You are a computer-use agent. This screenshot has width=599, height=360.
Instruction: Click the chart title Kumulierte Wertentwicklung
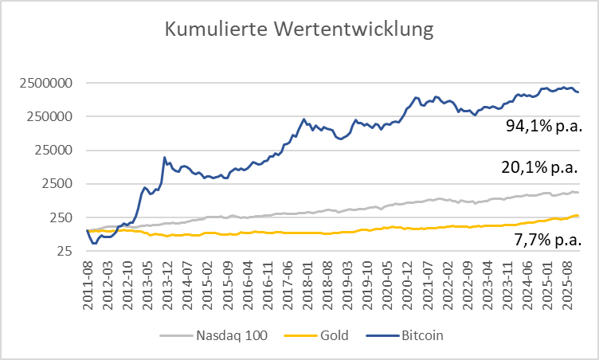299,30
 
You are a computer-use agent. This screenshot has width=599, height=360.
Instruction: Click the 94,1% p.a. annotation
545,125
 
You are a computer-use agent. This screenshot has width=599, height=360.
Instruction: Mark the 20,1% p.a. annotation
545,167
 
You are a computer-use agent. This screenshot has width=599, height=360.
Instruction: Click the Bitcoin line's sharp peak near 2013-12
164,158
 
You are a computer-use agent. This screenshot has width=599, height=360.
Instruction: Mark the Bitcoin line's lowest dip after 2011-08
94,243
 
